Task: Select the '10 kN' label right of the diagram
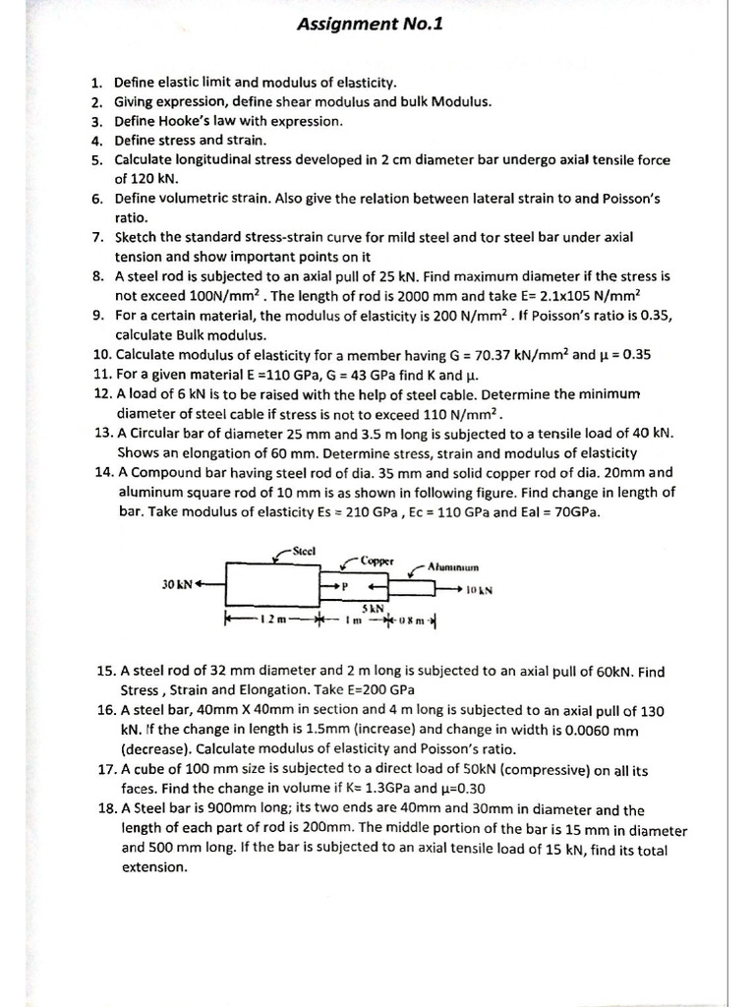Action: click(479, 590)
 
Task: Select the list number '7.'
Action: click(99, 237)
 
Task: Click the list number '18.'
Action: click(106, 810)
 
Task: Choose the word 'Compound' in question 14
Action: click(163, 472)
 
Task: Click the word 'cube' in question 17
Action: click(150, 770)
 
